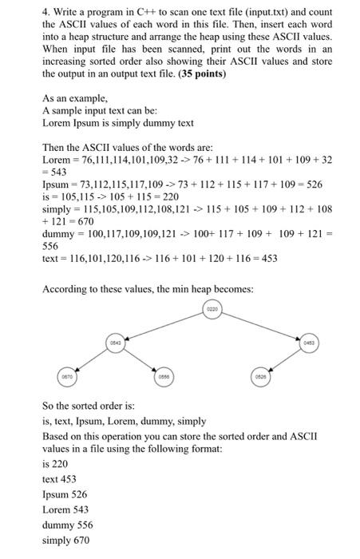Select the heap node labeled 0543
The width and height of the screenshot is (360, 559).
[x=117, y=342]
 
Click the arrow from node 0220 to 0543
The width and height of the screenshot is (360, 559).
[x=165, y=323]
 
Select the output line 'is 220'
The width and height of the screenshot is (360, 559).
[x=55, y=463]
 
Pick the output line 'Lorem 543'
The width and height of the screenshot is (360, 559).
[x=66, y=509]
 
